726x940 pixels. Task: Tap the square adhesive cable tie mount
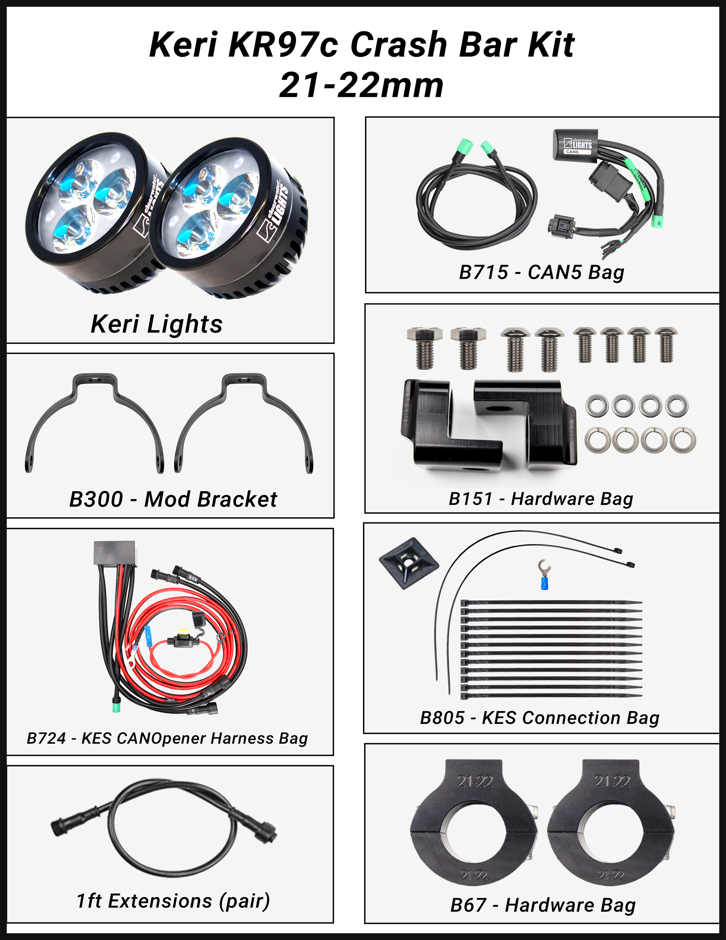(408, 562)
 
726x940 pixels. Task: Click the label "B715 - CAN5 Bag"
(541, 272)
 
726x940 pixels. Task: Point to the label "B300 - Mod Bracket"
(173, 499)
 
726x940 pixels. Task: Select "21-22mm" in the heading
(361, 85)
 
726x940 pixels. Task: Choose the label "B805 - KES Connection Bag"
(540, 718)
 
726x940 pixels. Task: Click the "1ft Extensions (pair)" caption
(173, 900)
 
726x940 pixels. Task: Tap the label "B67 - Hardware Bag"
(543, 905)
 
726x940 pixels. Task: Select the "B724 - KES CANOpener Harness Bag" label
(168, 738)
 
